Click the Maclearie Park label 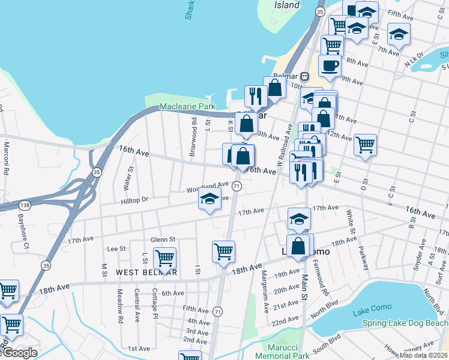187,107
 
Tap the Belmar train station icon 305,76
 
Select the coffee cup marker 329,65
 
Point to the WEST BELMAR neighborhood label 146,272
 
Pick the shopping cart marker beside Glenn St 164,259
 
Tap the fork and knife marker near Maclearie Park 256,96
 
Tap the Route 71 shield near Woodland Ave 237,187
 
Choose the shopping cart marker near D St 365,145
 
